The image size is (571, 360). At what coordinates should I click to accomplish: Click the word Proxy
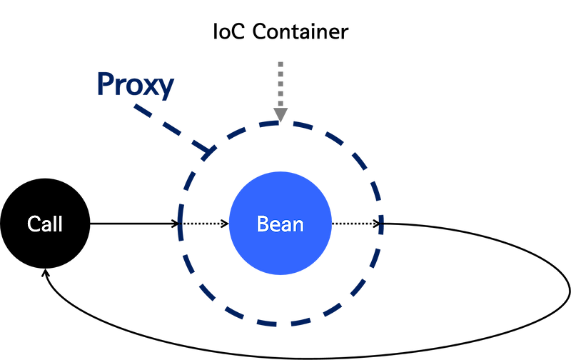click(x=136, y=85)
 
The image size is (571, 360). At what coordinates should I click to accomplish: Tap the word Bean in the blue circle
click(x=280, y=224)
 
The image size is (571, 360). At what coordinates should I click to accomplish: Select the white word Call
click(x=45, y=224)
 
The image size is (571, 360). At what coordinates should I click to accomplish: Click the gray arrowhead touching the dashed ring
click(x=281, y=114)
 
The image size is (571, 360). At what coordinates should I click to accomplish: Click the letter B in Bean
click(x=262, y=224)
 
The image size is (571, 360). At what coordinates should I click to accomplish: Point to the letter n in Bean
click(x=298, y=226)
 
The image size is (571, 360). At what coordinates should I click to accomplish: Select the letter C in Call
click(x=34, y=224)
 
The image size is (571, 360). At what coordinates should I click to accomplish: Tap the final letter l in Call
click(x=61, y=224)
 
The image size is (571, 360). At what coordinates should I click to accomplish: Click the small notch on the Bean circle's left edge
click(x=228, y=224)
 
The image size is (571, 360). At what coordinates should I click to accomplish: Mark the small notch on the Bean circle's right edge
click(x=333, y=224)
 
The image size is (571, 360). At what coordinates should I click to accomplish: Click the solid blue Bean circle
click(x=280, y=250)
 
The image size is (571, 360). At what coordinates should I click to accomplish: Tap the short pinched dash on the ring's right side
click(x=381, y=217)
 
